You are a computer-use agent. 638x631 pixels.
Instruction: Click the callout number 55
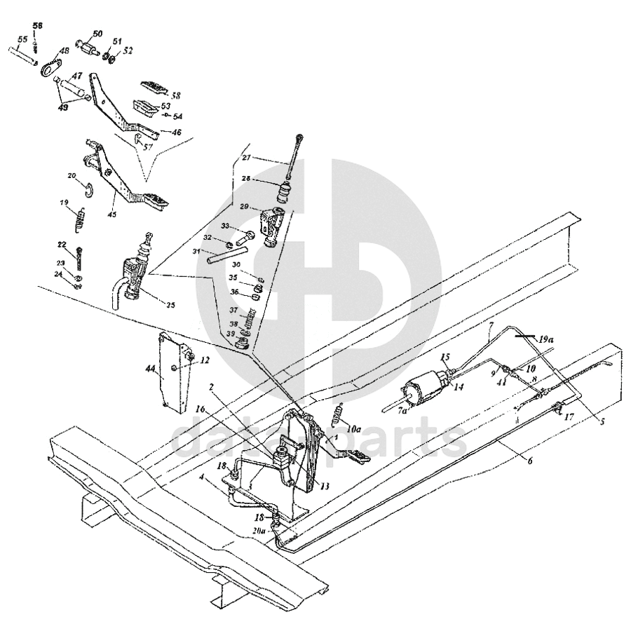pos(22,40)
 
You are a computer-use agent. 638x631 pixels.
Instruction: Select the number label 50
pos(97,34)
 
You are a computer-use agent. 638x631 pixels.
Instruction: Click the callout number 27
pos(246,158)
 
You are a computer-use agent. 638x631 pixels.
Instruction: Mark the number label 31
pos(198,252)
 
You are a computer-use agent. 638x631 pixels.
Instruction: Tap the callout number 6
pos(530,461)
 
